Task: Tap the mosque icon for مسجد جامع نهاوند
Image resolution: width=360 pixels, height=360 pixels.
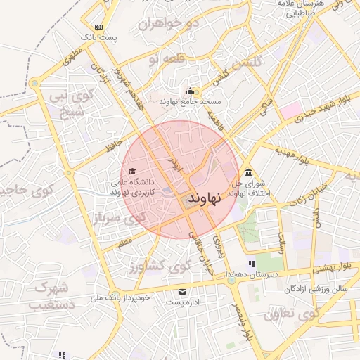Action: (189, 91)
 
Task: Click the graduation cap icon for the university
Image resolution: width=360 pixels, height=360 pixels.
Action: (131, 171)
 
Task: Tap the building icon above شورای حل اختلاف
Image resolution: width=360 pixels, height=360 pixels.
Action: (248, 173)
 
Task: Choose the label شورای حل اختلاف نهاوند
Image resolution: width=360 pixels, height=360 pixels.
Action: (255, 188)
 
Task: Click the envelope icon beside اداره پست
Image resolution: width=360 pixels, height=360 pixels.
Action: (184, 291)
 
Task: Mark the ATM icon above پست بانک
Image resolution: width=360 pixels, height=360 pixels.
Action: (98, 27)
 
